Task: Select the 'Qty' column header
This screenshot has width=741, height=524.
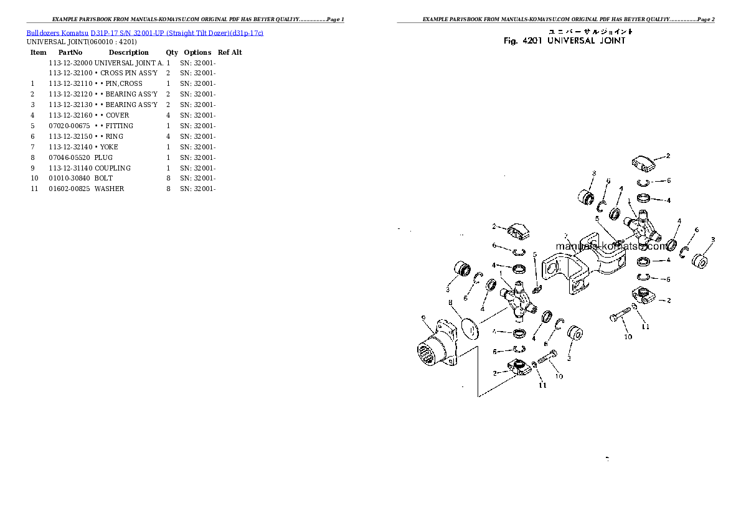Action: click(171, 52)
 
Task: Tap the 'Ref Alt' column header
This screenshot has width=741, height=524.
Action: click(230, 52)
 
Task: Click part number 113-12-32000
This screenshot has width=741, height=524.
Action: click(70, 63)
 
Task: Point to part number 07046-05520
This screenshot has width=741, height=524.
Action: click(70, 158)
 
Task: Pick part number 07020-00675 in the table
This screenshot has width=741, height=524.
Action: click(70, 126)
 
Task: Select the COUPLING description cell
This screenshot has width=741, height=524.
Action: click(113, 169)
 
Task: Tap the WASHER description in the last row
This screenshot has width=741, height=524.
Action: click(110, 189)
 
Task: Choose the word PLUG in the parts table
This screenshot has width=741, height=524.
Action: click(104, 158)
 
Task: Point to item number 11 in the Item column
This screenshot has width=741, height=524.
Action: click(34, 189)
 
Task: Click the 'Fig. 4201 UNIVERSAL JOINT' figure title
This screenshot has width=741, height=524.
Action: click(564, 41)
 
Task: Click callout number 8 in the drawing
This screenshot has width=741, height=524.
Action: click(450, 302)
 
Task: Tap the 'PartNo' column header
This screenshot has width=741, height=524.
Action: click(70, 52)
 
